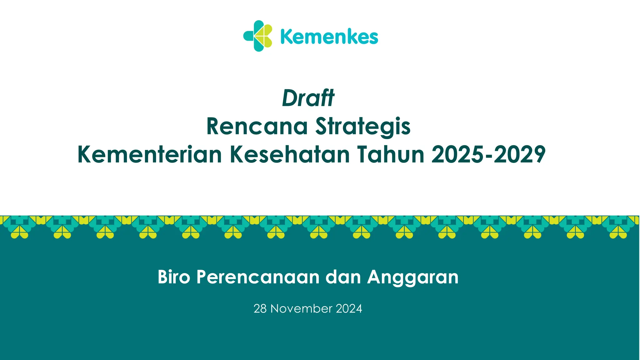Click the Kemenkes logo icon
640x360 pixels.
point(258,36)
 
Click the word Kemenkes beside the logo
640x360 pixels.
point(329,37)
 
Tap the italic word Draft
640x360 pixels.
point(308,98)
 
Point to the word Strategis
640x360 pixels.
point(363,126)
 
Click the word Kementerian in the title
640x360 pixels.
point(150,154)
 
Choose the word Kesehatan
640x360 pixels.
point(290,154)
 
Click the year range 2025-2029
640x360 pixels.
point(488,154)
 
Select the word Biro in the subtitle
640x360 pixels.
point(174,277)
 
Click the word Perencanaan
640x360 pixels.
point(258,277)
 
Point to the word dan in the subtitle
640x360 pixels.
point(343,277)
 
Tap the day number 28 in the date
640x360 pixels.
point(260,309)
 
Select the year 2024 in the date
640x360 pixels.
point(349,309)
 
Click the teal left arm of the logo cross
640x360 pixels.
point(248,36)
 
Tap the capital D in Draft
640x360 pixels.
point(289,98)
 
